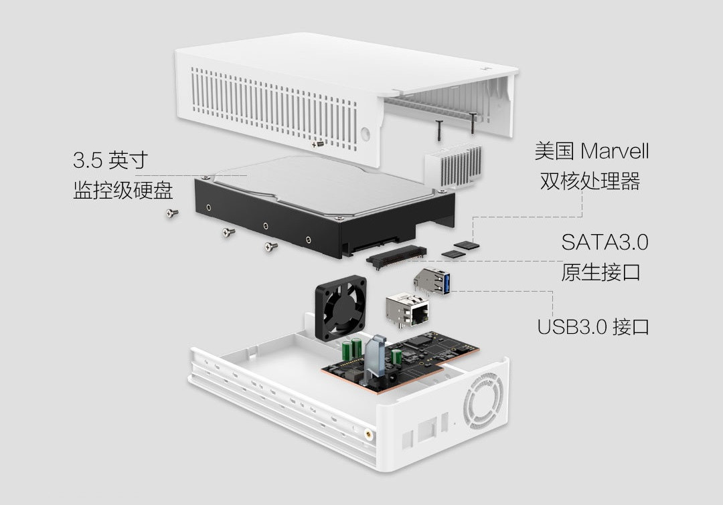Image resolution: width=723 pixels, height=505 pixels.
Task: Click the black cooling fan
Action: point(341,306)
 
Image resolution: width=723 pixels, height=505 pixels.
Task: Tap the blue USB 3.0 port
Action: point(432,281)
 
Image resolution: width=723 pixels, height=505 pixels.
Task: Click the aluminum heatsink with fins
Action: point(453,165)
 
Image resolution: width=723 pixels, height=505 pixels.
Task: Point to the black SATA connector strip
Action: point(396,257)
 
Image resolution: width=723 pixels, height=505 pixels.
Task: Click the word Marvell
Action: point(615,151)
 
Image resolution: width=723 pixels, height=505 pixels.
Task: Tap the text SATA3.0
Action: point(605,242)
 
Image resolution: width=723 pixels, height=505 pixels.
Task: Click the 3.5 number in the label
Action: point(88,161)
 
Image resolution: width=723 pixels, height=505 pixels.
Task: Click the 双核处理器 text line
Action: point(590,181)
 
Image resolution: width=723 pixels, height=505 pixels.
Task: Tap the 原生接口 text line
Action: point(600,272)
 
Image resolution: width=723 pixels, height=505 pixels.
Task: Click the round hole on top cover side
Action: point(366,134)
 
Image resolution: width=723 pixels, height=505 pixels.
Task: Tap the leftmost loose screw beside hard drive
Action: point(173,213)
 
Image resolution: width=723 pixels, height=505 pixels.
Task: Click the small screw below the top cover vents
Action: point(318,144)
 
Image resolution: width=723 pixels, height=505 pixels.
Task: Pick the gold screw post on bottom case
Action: point(368,433)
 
